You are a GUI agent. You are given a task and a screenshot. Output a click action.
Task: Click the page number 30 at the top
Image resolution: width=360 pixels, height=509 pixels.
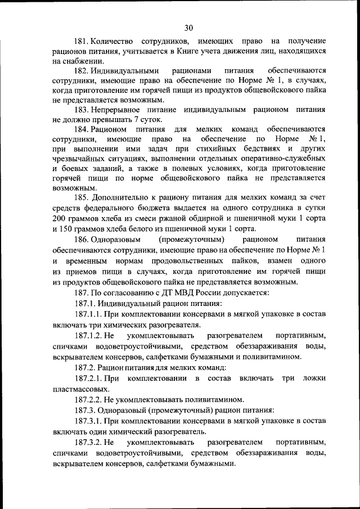[x=188, y=28]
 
